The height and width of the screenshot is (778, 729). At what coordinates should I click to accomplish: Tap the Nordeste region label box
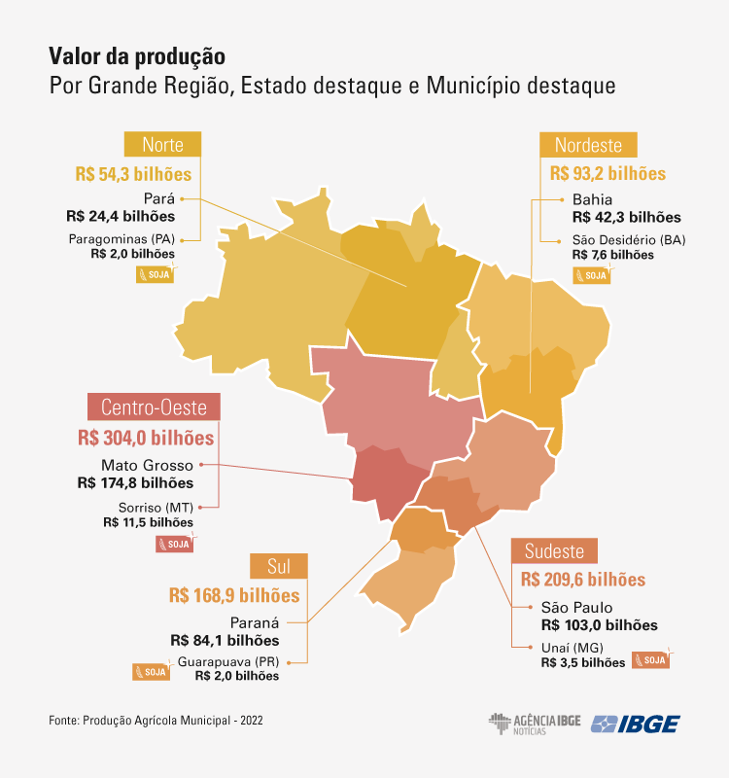(588, 145)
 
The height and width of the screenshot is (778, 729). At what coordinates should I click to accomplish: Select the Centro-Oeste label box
(155, 407)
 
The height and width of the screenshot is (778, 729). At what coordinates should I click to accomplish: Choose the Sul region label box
(279, 567)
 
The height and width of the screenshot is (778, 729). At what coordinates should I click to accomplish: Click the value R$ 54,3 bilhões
(133, 174)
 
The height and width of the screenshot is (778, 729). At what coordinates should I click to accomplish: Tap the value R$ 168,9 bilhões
(234, 594)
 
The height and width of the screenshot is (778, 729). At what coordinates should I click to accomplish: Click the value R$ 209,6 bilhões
(583, 579)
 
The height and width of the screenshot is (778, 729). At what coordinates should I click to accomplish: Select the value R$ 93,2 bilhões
(607, 174)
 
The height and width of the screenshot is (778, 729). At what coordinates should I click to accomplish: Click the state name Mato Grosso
(148, 465)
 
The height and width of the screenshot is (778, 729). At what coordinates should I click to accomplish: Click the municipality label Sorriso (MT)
(156, 508)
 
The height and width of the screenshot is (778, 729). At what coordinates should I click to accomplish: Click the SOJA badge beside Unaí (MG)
(651, 660)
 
